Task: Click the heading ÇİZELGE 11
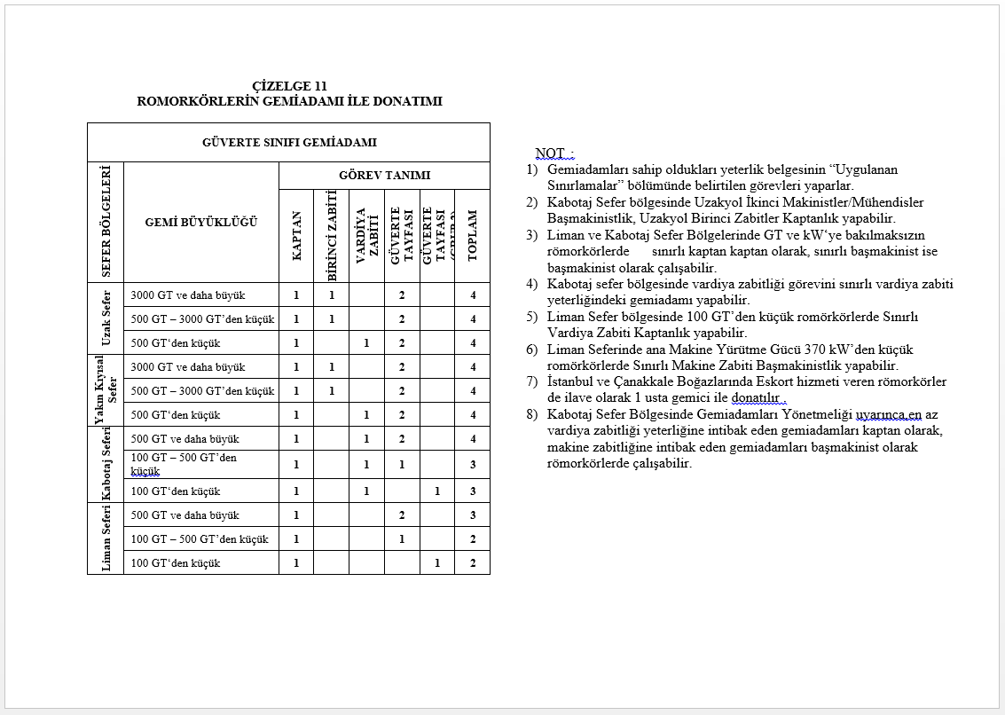(289, 86)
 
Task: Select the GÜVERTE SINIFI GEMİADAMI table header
(289, 142)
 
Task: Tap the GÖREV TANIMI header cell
(384, 176)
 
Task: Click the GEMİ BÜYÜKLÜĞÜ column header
(201, 222)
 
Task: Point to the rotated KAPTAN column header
(296, 235)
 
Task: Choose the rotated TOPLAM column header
(472, 235)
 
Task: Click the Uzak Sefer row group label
(106, 318)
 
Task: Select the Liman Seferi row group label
(106, 538)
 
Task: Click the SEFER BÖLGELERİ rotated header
(106, 222)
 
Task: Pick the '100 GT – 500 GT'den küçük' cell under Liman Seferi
(200, 539)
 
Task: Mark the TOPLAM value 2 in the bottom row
(473, 563)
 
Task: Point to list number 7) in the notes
(532, 381)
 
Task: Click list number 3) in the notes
(532, 235)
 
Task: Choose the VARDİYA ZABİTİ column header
(361, 235)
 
